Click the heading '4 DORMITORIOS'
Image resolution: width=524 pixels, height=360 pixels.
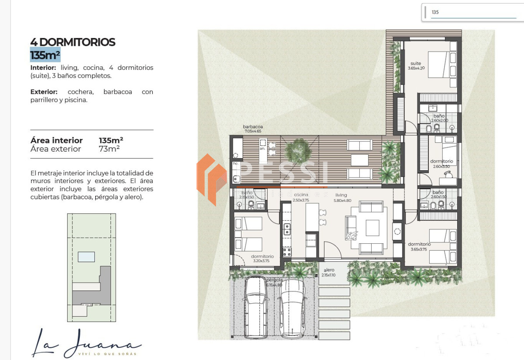(72, 42)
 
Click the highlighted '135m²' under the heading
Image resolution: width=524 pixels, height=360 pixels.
(45, 55)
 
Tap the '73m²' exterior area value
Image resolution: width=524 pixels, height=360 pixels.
(109, 149)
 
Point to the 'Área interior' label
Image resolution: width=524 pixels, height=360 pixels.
(56, 140)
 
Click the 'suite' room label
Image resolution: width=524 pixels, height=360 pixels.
(415, 64)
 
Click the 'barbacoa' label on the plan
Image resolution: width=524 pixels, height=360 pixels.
(253, 127)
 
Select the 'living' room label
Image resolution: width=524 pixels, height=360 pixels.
(341, 195)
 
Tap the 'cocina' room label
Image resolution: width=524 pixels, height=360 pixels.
(301, 195)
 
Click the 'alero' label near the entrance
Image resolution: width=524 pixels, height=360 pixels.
(329, 270)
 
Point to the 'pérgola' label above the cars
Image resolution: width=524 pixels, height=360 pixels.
(274, 280)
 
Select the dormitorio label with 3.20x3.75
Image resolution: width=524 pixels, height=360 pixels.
(262, 256)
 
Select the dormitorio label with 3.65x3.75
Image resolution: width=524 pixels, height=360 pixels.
(419, 244)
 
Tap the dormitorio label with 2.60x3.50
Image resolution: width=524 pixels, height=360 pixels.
(441, 161)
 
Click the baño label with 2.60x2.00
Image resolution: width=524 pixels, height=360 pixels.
(439, 116)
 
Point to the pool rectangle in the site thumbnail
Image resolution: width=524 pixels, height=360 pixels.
(86, 257)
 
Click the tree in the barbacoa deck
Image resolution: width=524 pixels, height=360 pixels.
(298, 150)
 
